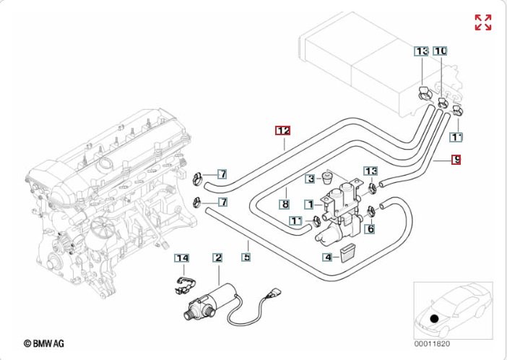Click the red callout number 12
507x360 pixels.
click(282, 131)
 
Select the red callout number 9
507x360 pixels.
click(456, 160)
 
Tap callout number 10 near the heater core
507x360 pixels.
click(440, 51)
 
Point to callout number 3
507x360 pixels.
click(310, 179)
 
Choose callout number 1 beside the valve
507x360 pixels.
click(308, 205)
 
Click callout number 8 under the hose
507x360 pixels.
click(285, 205)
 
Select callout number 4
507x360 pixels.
click(327, 256)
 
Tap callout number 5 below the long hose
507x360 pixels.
click(246, 257)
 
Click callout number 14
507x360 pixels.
click(181, 257)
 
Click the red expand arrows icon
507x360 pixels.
click(482, 22)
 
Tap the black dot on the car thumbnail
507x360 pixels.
click(434, 317)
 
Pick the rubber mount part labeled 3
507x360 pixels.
click(326, 177)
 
